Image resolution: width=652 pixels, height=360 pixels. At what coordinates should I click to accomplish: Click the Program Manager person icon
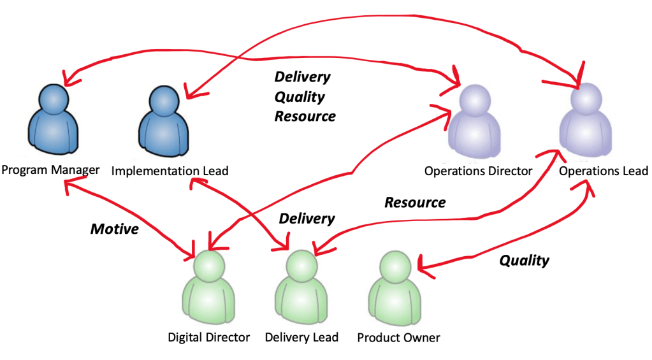click(53, 124)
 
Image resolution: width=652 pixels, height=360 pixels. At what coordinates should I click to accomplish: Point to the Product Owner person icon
click(395, 290)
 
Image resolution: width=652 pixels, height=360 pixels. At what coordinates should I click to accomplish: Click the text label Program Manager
click(50, 170)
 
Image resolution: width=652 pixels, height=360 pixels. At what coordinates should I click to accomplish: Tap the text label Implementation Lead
click(170, 171)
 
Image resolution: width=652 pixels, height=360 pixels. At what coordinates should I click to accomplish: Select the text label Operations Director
click(478, 171)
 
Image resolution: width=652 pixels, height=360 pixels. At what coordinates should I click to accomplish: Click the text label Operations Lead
click(604, 171)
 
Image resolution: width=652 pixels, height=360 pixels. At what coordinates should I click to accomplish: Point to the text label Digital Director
click(208, 337)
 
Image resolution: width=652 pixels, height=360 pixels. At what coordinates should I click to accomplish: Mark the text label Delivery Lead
click(301, 337)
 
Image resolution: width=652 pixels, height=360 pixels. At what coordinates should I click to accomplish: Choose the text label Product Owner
click(398, 337)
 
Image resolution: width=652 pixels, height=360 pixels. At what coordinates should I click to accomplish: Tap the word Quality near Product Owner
click(524, 260)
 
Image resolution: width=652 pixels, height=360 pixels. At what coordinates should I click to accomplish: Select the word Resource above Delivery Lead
click(415, 203)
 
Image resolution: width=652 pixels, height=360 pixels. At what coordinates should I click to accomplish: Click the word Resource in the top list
click(305, 117)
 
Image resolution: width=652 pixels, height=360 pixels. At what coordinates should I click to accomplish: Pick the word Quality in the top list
click(300, 97)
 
